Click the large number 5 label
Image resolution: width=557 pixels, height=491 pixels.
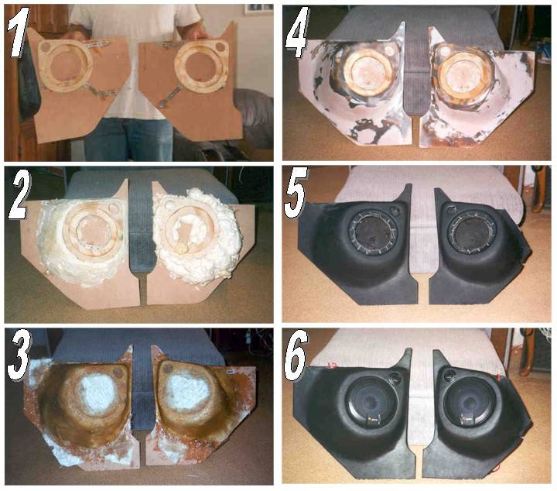[296, 194]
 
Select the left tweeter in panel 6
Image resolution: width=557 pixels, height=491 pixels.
[395, 378]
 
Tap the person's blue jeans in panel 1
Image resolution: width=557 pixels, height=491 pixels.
[128, 139]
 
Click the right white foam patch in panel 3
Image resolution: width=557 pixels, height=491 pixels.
[184, 391]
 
